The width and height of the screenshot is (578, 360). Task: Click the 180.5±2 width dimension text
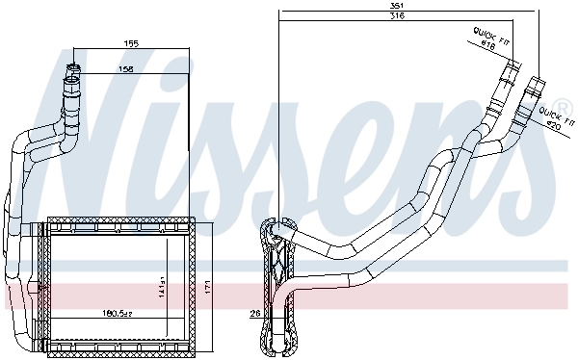point(117,313)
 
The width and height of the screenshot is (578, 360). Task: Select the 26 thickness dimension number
point(254,313)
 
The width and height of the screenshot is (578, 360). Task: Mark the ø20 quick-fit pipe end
point(536,81)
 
